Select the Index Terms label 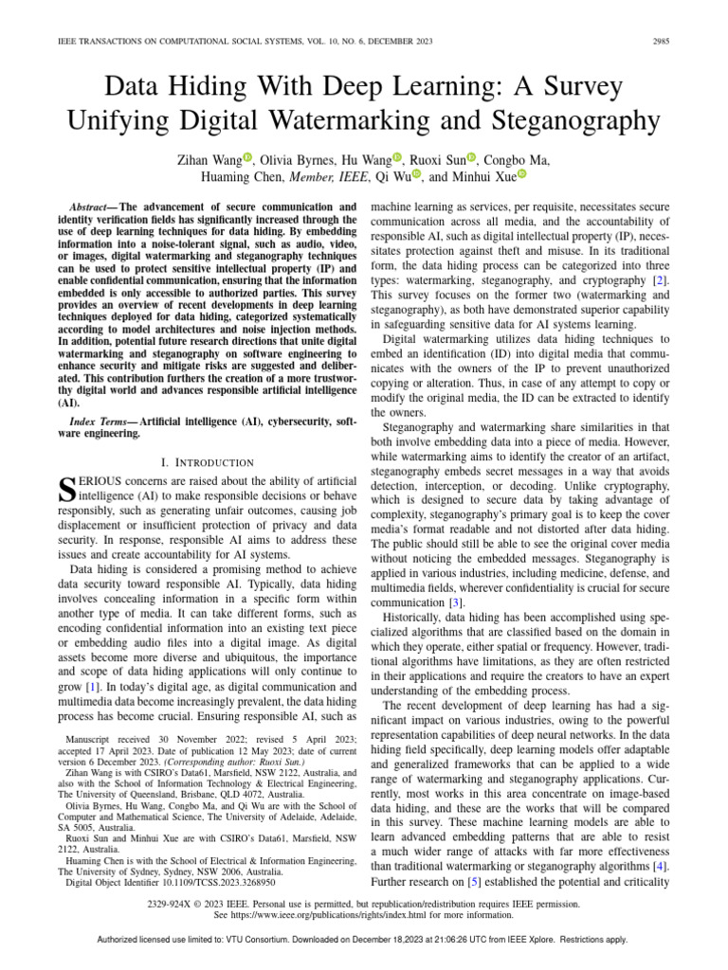click(101, 419)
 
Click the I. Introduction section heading click(208, 462)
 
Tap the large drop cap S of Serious click(66, 489)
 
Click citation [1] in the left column click(94, 684)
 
